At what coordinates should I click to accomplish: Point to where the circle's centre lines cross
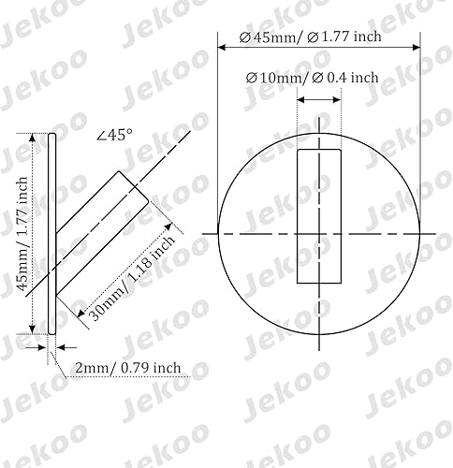[x=318, y=231]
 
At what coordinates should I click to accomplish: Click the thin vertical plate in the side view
[x=52, y=234]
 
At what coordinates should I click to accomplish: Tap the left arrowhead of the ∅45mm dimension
[x=222, y=47]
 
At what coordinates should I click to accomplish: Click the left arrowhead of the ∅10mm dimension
[x=301, y=96]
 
